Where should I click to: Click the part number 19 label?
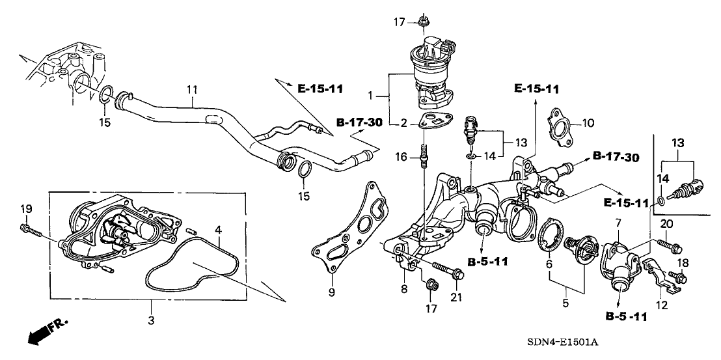(25, 209)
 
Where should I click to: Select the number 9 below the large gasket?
(331, 294)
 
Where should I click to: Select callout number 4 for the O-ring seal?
(219, 230)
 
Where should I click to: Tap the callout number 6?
(549, 264)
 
